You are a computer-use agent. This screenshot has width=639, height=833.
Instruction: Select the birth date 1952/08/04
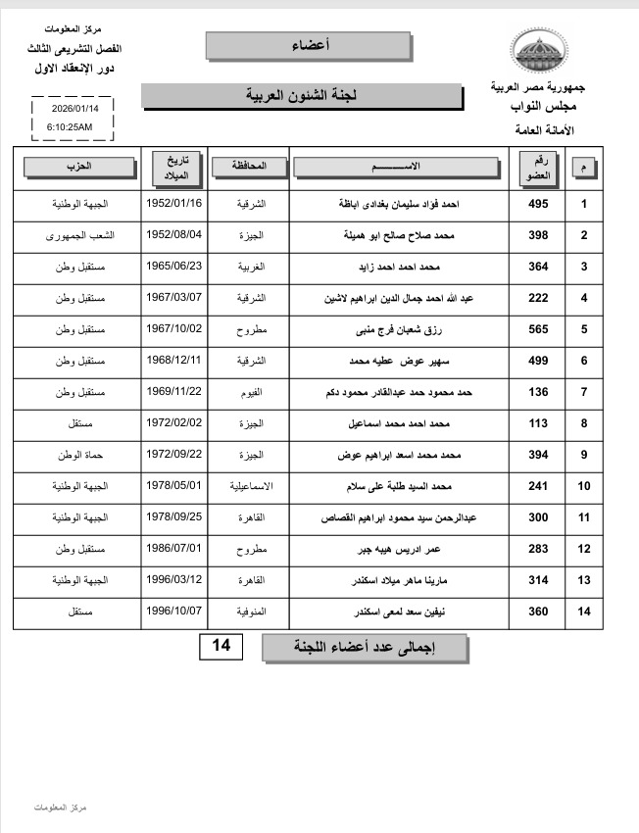[174, 235]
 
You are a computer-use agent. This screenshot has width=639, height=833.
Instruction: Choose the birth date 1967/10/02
[174, 329]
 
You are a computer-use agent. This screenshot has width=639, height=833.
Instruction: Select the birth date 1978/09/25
[174, 517]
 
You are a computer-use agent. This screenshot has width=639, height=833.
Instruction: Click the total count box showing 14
[223, 647]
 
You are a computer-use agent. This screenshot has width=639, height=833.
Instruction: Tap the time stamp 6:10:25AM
[70, 127]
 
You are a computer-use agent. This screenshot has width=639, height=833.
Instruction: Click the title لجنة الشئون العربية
[301, 96]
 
